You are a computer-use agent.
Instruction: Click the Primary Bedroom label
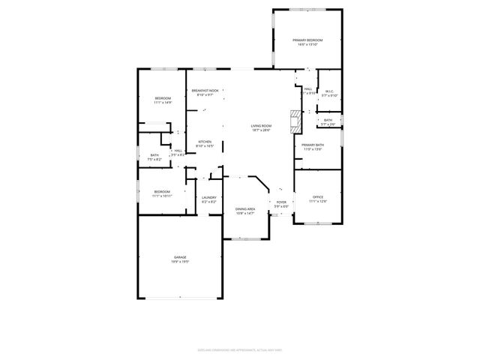[x=307, y=40]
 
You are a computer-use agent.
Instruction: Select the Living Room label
[x=261, y=126]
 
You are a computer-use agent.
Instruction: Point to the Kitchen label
[x=205, y=142]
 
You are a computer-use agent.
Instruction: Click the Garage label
[x=181, y=257]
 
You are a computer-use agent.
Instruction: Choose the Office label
[x=317, y=196]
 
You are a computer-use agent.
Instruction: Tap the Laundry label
[x=209, y=197]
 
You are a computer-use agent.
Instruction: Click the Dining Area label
[x=245, y=209]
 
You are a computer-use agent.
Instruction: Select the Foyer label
[x=281, y=202]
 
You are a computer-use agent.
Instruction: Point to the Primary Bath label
[x=313, y=145]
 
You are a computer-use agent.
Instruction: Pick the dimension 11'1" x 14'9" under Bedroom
[x=163, y=103]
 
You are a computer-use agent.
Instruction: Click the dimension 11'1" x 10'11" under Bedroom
[x=163, y=196]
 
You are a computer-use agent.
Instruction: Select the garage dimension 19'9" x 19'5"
[x=181, y=262]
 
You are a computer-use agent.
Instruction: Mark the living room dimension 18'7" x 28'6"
[x=261, y=130]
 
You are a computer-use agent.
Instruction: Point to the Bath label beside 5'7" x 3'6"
[x=328, y=120]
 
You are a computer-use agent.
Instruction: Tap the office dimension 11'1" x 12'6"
[x=317, y=201]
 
